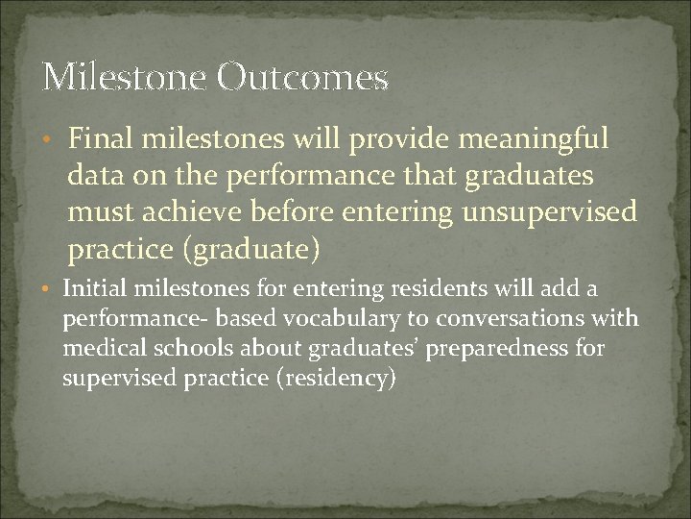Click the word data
pos(91,177)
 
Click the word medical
pos(98,347)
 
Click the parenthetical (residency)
pos(334,378)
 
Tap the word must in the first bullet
pos(96,213)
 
